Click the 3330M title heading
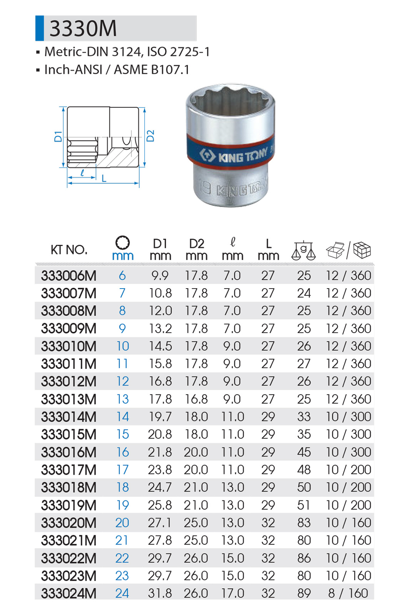coord(83,28)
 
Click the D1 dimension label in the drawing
coord(58,137)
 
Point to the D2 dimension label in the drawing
coord(150,136)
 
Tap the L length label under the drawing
coord(104,178)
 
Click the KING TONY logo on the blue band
coord(233,155)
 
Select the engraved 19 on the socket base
coord(204,188)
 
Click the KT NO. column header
coord(69,250)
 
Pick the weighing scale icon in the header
coord(304,250)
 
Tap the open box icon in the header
coord(335,250)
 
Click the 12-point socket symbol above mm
coord(123,242)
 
